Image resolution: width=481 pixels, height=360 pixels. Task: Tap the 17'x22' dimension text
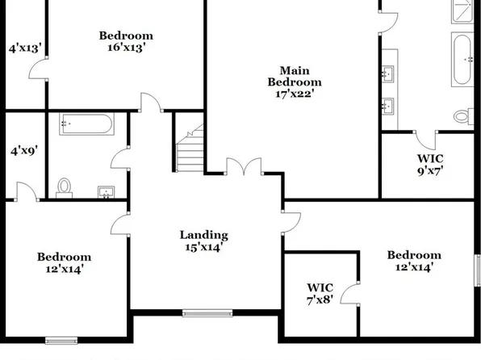click(295, 94)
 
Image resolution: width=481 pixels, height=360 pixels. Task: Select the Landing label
click(203, 235)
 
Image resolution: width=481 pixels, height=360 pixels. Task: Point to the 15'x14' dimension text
click(203, 248)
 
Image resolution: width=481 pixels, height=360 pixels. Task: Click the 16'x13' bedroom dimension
click(126, 48)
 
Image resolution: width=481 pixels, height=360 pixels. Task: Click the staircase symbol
click(190, 150)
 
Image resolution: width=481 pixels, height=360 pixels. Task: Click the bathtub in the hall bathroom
click(88, 126)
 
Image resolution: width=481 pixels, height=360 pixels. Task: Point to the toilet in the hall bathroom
click(65, 186)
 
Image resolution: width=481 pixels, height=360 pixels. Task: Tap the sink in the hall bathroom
click(106, 192)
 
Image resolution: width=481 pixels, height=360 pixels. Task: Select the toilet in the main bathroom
click(463, 115)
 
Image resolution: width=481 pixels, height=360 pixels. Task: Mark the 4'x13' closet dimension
click(24, 48)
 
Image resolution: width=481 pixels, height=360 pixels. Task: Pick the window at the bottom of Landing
click(207, 313)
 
